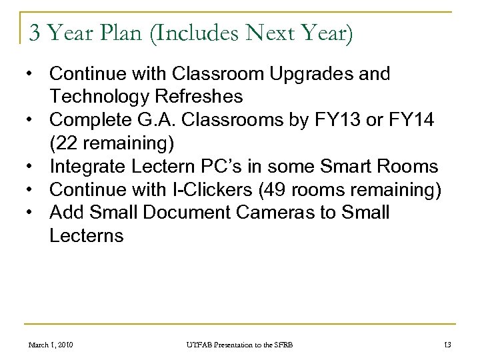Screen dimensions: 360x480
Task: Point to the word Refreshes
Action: coord(201,97)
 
